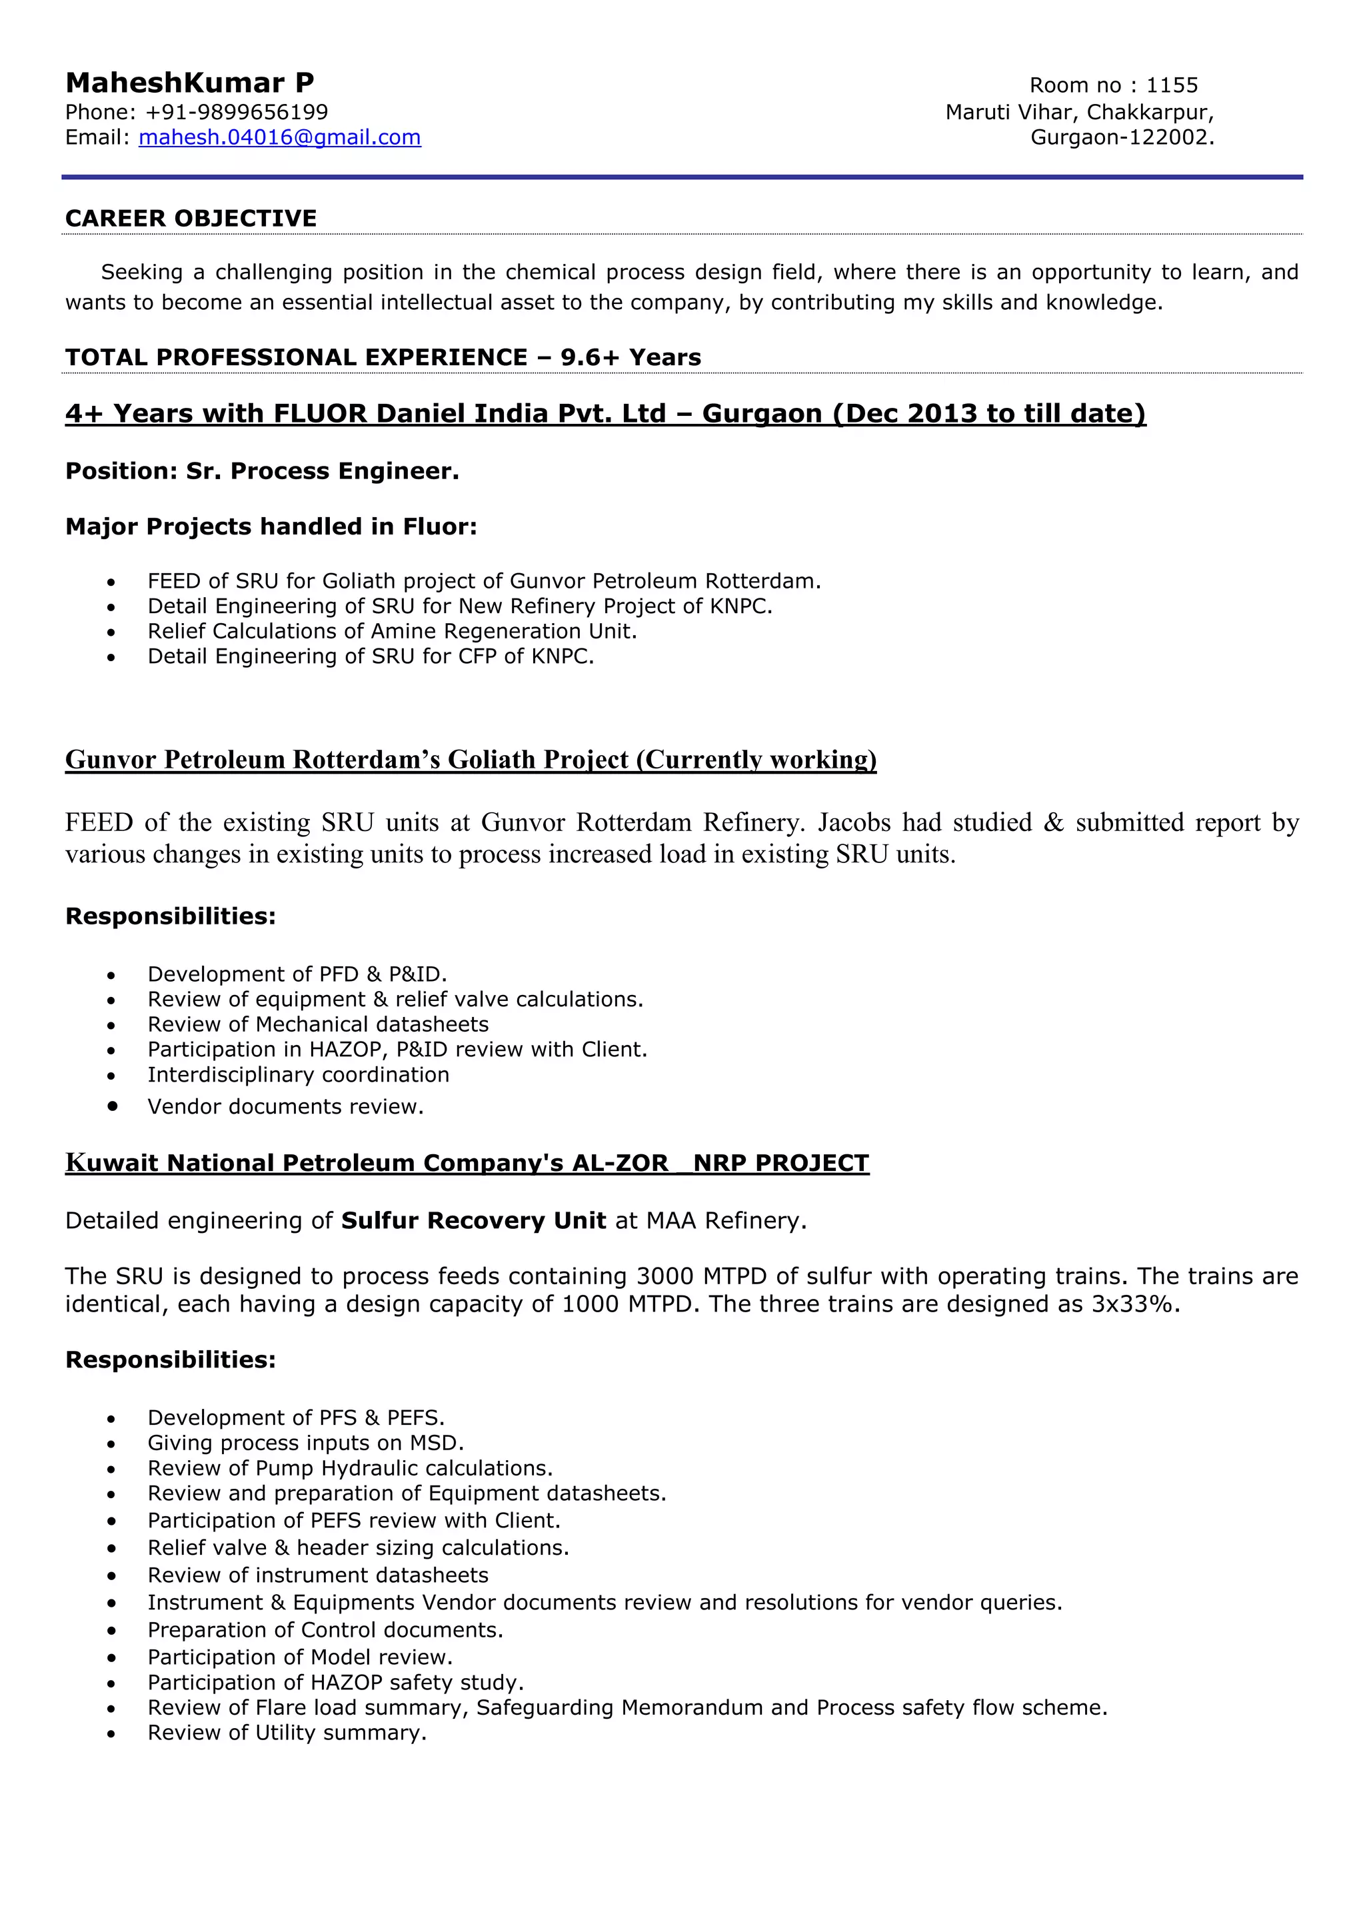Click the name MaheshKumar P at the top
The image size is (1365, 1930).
(x=189, y=83)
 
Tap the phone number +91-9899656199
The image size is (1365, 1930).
(x=237, y=112)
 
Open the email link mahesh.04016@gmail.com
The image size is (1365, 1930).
(x=279, y=137)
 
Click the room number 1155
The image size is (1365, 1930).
(x=1172, y=85)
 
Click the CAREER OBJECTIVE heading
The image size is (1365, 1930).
(x=191, y=219)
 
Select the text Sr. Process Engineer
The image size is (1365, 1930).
(x=323, y=471)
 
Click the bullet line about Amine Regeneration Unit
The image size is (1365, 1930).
(x=392, y=631)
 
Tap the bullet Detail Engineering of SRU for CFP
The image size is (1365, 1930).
(x=371, y=656)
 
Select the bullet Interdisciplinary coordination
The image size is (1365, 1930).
(x=299, y=1074)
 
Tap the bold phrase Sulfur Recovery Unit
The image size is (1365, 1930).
(x=473, y=1220)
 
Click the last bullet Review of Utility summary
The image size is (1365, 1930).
(x=287, y=1733)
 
